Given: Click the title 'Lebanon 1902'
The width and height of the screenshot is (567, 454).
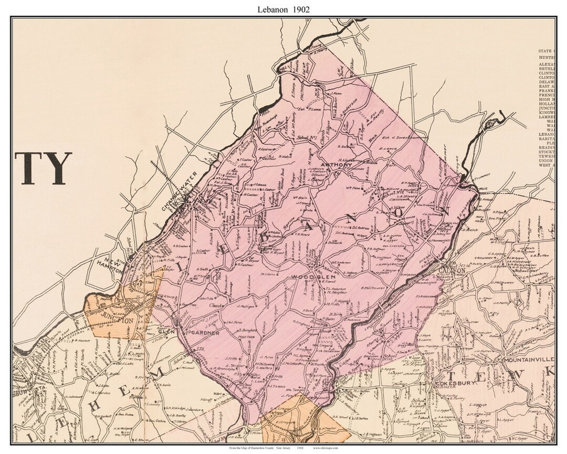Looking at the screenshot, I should point(283,9).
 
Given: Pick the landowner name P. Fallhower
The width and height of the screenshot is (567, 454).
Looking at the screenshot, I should point(373,288).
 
